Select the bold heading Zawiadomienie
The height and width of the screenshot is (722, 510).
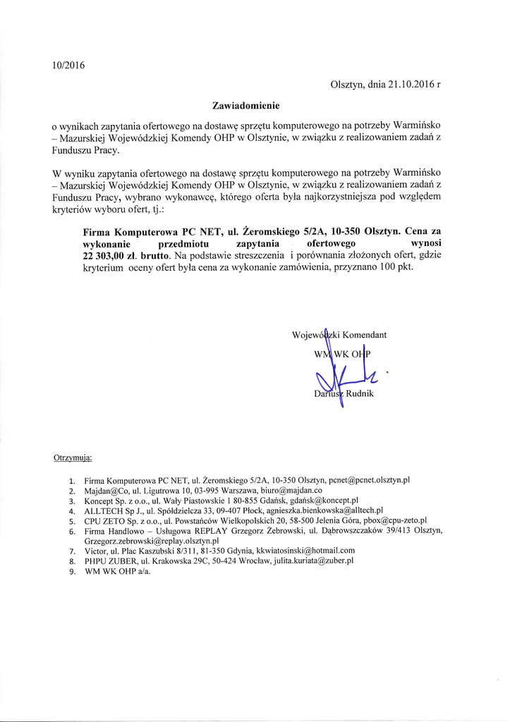tap(246, 106)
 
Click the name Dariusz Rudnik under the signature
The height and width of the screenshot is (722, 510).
tap(344, 393)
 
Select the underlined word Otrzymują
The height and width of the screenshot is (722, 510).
tap(73, 457)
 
